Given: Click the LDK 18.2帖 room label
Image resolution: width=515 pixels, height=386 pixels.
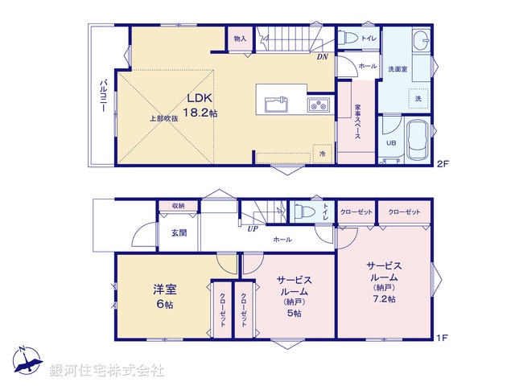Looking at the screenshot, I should [x=202, y=105].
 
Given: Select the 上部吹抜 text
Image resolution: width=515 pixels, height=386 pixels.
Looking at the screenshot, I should [x=163, y=119].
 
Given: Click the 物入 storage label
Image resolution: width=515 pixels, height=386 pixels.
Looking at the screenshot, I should [x=240, y=38].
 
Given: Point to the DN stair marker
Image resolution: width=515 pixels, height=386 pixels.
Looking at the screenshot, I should [x=321, y=57].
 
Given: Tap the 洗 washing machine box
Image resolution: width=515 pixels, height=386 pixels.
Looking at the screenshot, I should [x=418, y=98].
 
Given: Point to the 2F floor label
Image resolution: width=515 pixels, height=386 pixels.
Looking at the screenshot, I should [x=441, y=164].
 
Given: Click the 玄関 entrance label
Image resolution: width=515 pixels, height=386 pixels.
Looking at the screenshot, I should [x=179, y=233].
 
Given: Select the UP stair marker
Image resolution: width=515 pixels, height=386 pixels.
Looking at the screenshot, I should [x=252, y=228].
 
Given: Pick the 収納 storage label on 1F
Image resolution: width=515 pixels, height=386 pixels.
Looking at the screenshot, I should [x=177, y=206].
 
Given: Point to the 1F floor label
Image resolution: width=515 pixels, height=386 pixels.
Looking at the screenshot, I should [x=441, y=339].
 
